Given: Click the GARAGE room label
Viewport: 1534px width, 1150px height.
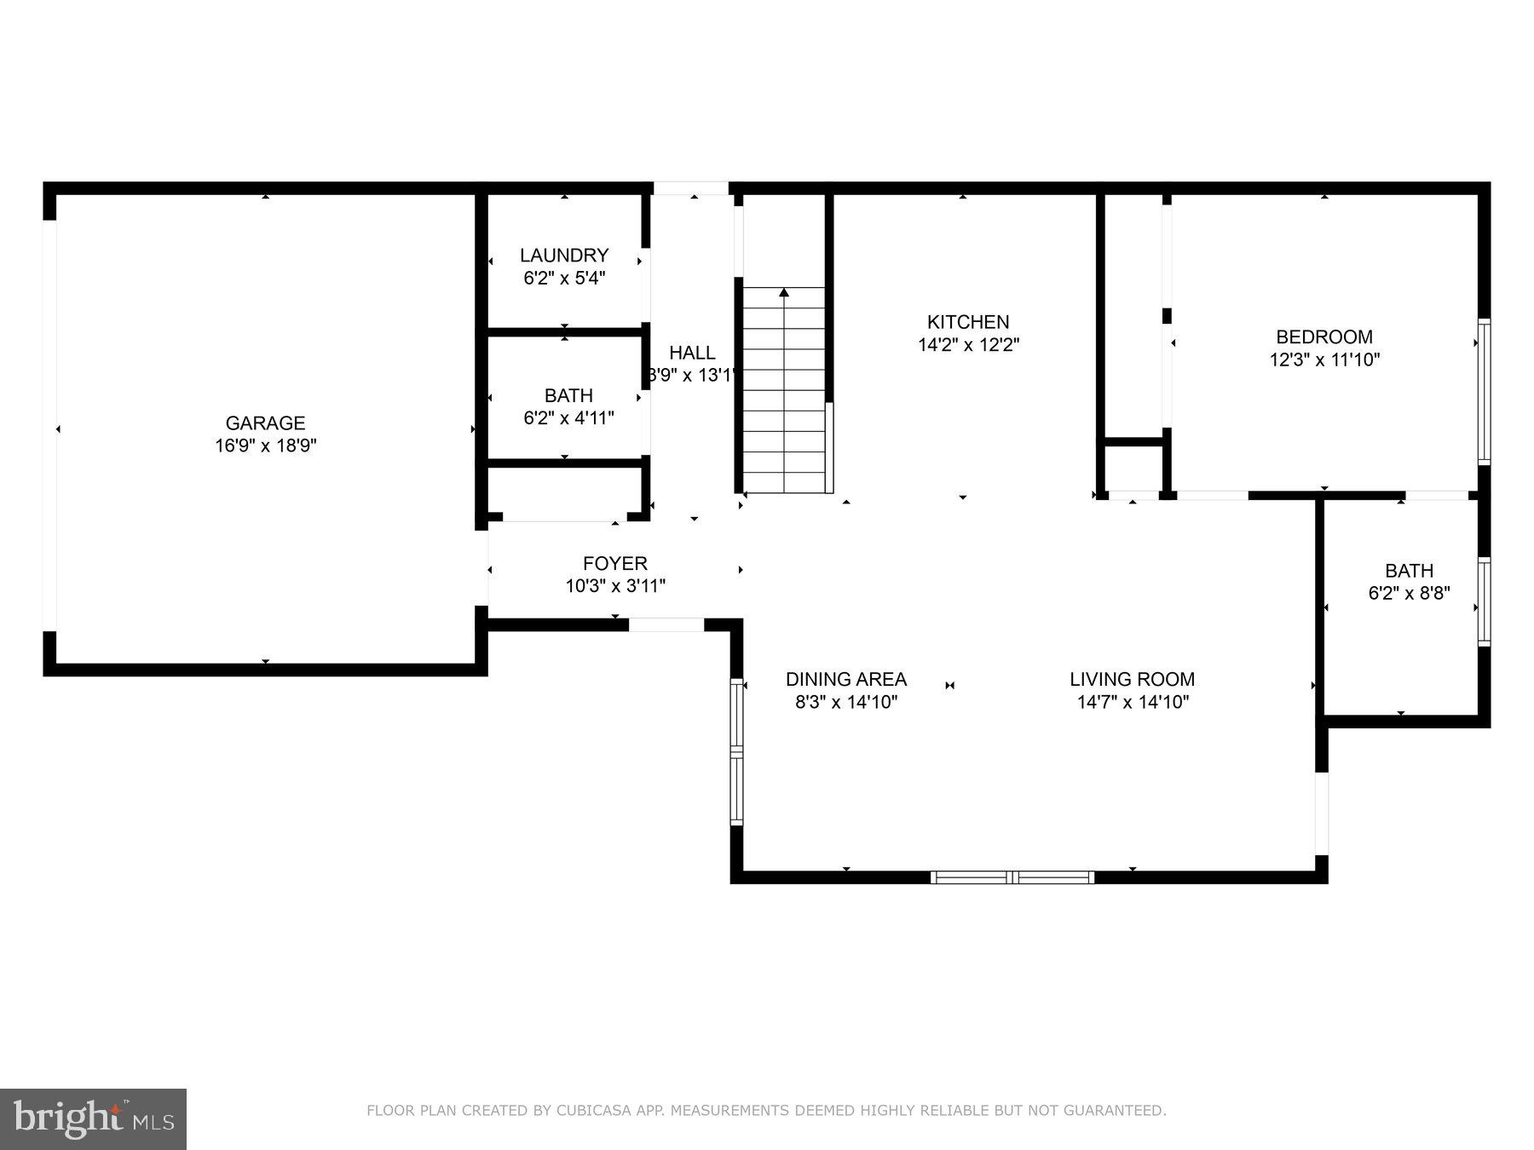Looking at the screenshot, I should point(265,423).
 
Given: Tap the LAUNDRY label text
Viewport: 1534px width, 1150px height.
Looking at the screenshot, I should point(564,255).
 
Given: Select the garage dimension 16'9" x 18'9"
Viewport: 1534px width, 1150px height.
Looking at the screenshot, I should point(265,446).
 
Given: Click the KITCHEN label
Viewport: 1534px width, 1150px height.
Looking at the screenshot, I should point(968,322).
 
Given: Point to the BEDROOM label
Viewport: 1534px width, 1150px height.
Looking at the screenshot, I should point(1324,336).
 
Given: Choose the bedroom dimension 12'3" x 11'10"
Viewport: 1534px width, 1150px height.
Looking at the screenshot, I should point(1324,359).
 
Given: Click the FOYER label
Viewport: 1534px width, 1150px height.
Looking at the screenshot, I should point(614,563).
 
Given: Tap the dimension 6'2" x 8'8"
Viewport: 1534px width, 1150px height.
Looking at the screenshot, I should point(1409,594).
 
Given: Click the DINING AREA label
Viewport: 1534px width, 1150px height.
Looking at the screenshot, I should point(845,679).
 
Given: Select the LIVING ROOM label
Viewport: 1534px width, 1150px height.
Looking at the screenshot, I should point(1132,679).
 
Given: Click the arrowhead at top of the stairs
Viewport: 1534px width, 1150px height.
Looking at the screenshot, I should point(784,293).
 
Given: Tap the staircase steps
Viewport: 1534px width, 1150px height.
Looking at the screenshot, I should point(784,400).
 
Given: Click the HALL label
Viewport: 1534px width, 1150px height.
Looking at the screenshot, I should point(692,353).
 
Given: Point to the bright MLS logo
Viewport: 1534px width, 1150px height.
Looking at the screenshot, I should point(93,1118).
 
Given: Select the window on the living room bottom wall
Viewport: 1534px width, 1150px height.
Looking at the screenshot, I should point(1012,877).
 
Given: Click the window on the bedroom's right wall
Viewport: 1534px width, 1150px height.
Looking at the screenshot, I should point(1484,392).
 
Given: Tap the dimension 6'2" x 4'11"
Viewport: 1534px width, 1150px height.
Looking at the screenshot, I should point(568,418).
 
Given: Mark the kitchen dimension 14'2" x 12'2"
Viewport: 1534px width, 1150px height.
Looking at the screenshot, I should point(968,345).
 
